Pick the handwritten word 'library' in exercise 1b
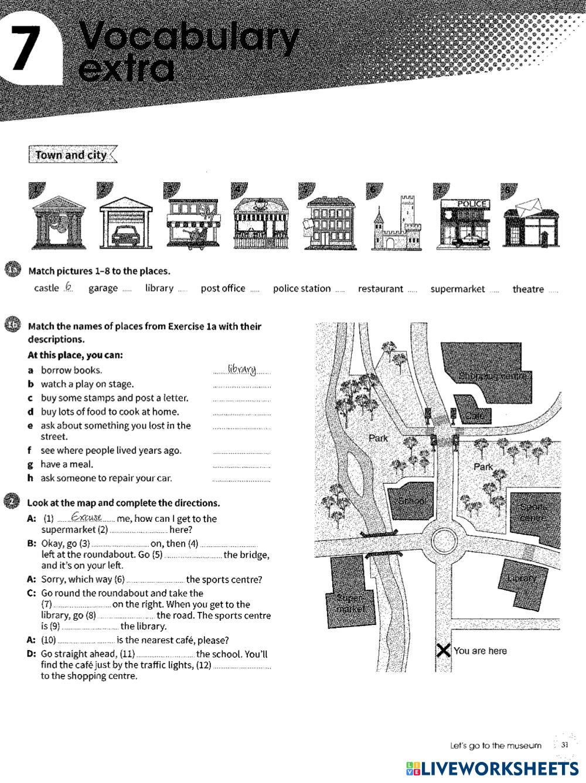242,369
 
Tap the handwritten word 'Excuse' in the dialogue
86,518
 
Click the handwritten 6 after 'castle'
69,287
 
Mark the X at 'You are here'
444,650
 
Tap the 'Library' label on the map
522,579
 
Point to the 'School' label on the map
412,501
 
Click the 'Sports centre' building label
533,512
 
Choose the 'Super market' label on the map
350,603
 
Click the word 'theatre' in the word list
528,289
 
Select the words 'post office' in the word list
223,288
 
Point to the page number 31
564,746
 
